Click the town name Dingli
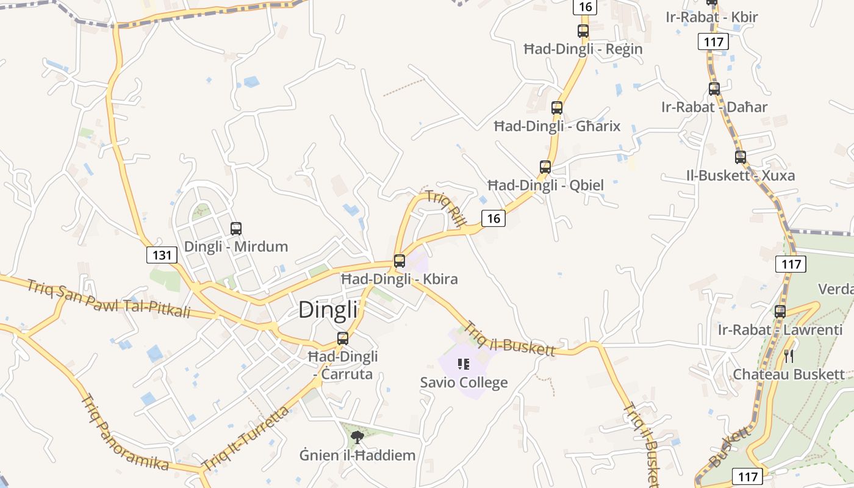328,310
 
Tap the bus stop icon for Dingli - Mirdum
236,229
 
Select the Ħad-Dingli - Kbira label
399,279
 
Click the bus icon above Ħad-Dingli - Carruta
343,338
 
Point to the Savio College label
464,383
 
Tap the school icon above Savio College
464,364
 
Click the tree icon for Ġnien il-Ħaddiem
357,436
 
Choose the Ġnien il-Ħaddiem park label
357,455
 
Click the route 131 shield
162,254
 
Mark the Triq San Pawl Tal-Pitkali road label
109,299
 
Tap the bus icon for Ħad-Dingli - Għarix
557,108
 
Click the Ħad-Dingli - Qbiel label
546,185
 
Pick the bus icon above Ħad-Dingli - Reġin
583,30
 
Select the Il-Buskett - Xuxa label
740,176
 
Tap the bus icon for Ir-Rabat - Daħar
714,88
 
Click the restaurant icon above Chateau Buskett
789,356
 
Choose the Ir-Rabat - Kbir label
712,17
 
